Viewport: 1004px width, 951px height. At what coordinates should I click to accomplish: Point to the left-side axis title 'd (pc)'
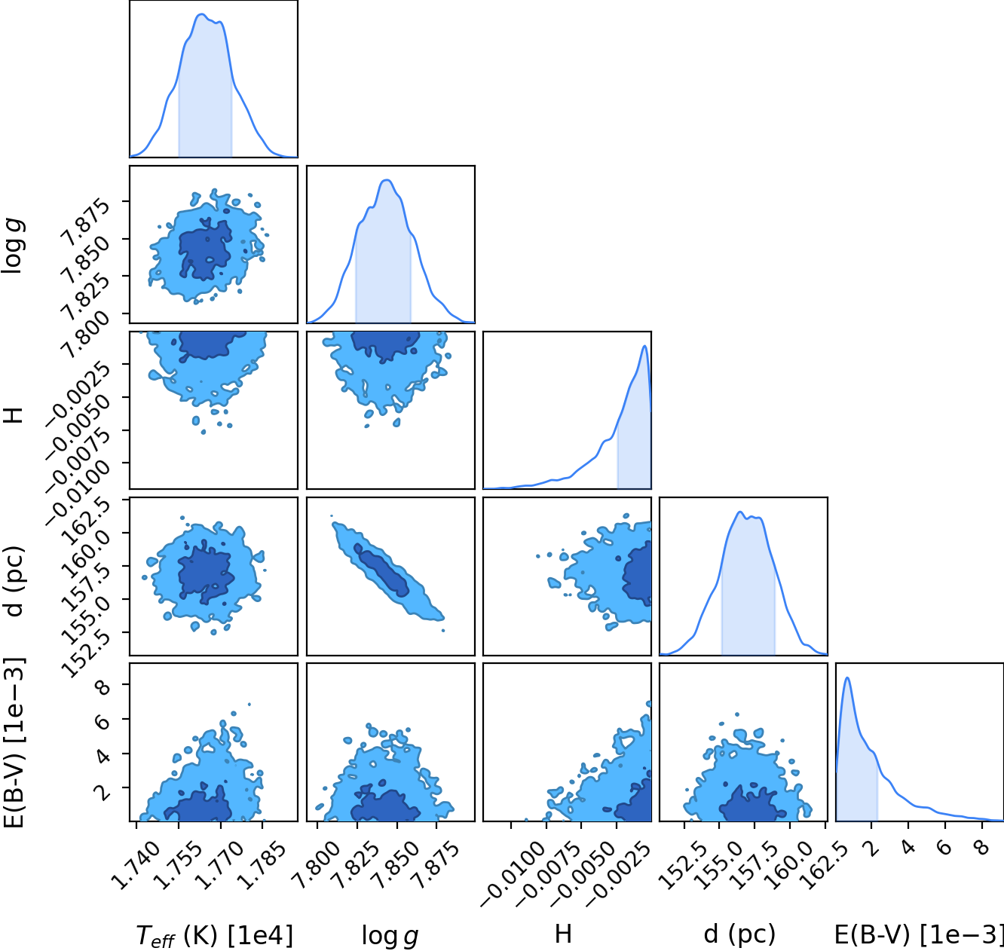coord(15,581)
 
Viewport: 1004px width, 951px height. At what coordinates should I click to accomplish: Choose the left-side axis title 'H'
coord(14,414)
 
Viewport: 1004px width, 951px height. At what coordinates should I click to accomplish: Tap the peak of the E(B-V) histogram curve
coord(847,677)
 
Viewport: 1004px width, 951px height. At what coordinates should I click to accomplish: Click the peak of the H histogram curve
coord(645,346)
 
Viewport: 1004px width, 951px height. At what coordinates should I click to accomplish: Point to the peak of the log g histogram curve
coord(387,180)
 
